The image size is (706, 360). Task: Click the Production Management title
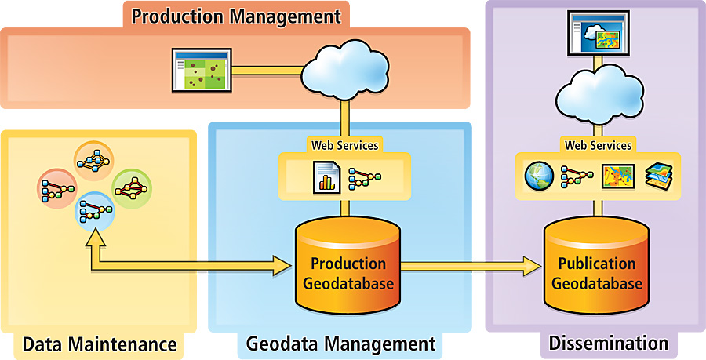(x=235, y=16)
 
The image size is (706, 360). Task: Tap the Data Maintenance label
(x=99, y=344)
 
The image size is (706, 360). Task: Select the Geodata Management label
(x=340, y=344)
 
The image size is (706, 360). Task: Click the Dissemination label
(x=608, y=343)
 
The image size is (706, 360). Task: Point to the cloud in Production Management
(x=340, y=70)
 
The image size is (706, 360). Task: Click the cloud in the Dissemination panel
(x=598, y=93)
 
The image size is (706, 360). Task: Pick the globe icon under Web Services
(x=540, y=177)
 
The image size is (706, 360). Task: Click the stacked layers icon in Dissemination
(x=657, y=177)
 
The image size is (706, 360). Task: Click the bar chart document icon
(x=324, y=177)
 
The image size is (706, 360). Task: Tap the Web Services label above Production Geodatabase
(x=344, y=145)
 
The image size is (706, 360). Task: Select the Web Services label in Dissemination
(x=598, y=145)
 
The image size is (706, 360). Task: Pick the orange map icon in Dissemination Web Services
(x=617, y=177)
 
